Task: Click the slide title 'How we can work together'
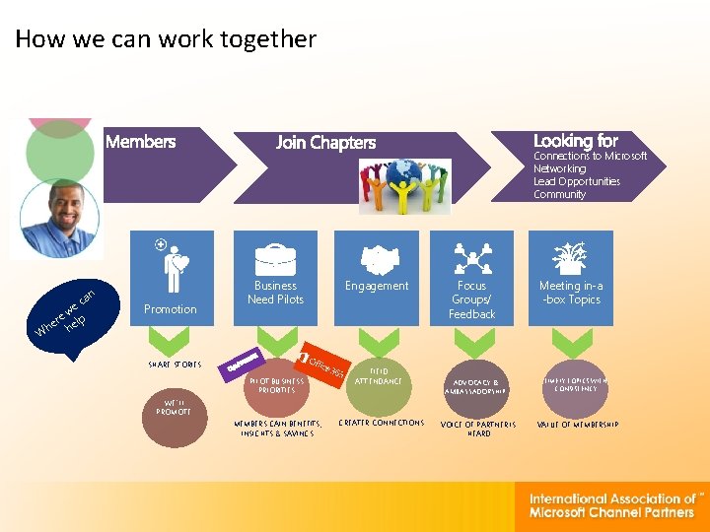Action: tap(166, 39)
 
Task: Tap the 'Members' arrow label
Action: tap(140, 142)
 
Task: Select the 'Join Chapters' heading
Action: tap(325, 143)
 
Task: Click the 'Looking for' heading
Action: tap(575, 141)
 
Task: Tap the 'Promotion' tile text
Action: tap(170, 309)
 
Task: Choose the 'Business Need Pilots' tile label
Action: tap(275, 293)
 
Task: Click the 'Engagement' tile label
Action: tap(376, 286)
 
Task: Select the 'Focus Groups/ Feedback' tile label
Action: tap(471, 299)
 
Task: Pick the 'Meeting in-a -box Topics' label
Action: tap(571, 293)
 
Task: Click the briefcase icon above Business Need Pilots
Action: tap(275, 259)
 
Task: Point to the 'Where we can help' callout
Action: tap(67, 313)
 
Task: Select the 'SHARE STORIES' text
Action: tap(175, 365)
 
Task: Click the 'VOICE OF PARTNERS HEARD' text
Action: tap(478, 429)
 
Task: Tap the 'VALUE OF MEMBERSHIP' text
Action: tap(577, 424)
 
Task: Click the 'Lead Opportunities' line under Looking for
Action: tap(577, 181)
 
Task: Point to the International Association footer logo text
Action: tap(612, 505)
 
